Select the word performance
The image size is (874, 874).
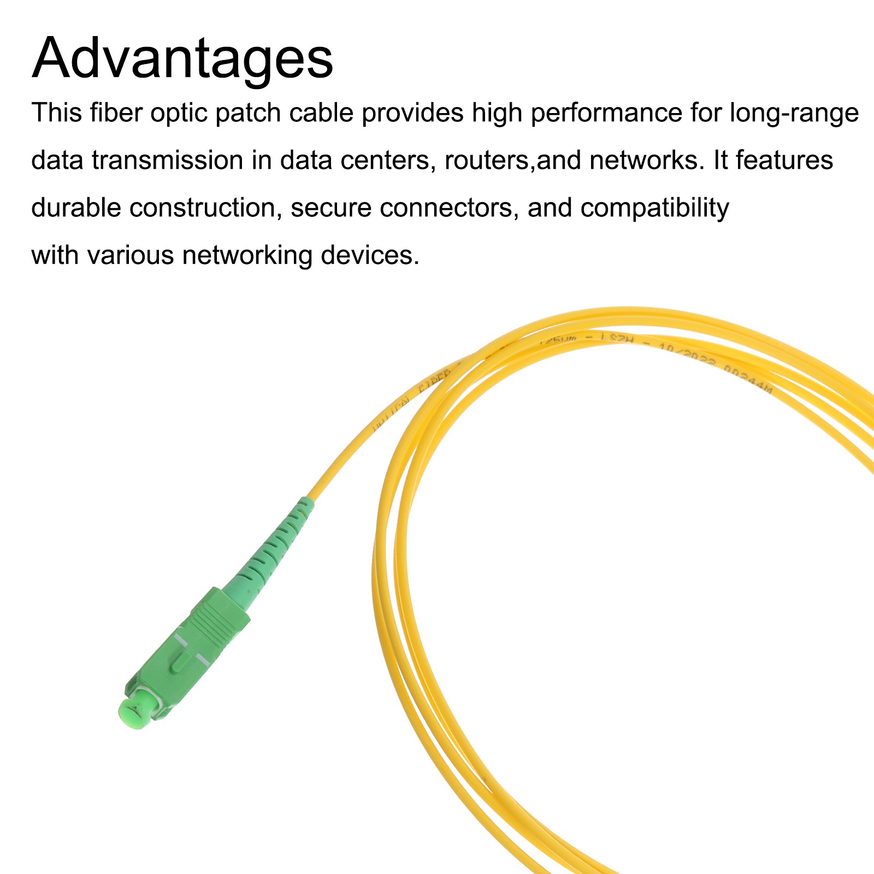[x=606, y=113]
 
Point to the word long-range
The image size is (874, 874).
[x=794, y=113]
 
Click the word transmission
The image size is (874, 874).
[x=167, y=161]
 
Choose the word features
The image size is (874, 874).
[x=784, y=161]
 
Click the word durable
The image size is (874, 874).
[x=76, y=208]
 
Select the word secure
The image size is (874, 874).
[x=331, y=208]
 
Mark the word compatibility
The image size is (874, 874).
[x=654, y=208]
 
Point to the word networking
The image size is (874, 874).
[x=247, y=256]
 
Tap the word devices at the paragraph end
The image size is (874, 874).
[x=370, y=256]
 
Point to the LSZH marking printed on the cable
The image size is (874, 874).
[x=616, y=339]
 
